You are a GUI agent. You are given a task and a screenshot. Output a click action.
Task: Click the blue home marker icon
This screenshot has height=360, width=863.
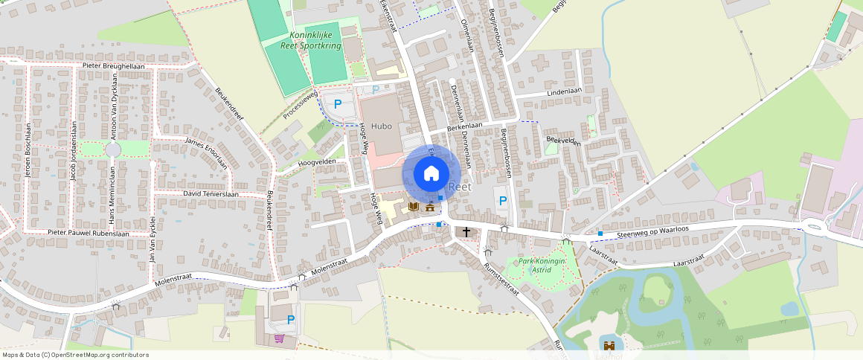coord(431,174)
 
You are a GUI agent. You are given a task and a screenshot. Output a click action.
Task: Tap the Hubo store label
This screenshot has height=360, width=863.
coord(381,126)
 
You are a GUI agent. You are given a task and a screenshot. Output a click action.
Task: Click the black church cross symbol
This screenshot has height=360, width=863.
coord(466,232)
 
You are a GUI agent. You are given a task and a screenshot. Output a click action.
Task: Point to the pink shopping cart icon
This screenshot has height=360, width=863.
coord(279,338)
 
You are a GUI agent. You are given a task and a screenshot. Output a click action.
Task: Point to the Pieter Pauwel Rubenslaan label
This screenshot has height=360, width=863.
coord(89,233)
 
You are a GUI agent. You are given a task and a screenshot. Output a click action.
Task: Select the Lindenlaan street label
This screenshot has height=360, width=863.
coord(563,91)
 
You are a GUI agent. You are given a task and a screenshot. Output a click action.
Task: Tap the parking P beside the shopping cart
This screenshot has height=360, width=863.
coord(291,320)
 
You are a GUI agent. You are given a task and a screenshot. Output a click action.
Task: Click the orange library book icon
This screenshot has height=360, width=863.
coord(414,206)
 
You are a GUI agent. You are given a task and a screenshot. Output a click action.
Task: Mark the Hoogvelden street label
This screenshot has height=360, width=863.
coord(317,161)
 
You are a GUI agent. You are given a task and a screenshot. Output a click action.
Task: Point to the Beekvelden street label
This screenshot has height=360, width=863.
coord(562,140)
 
